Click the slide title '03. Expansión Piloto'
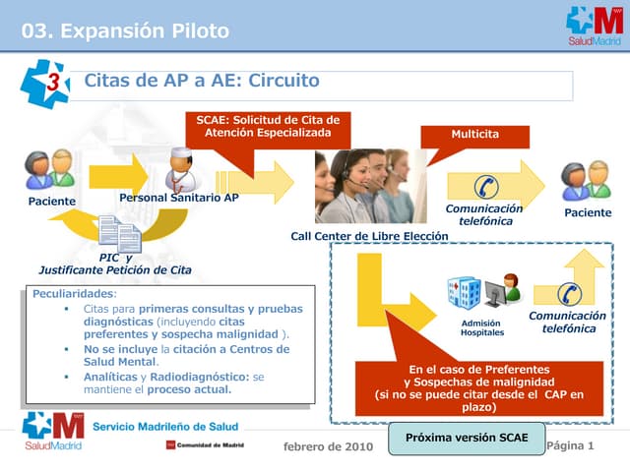125,30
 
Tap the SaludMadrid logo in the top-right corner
594,27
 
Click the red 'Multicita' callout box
474,134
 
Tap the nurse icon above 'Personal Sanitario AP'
180,168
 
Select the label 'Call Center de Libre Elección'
369,236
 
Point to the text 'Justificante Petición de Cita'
115,269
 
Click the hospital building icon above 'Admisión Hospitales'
464,293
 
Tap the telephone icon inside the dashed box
568,292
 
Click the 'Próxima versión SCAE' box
467,438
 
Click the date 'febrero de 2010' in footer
328,446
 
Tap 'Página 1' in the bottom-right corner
571,445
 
